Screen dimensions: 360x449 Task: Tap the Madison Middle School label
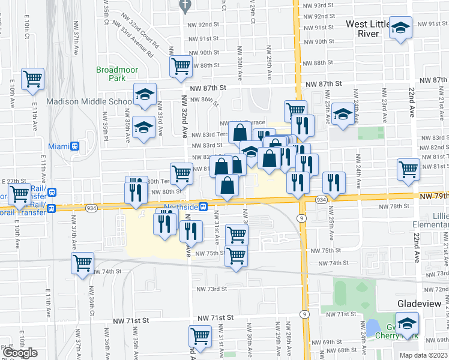tap(89, 101)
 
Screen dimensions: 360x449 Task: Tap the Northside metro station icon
tap(203, 207)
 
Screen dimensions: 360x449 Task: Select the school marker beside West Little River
tap(400, 28)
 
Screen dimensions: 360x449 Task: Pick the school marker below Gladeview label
tap(408, 323)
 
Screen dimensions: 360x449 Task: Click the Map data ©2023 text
tap(423, 355)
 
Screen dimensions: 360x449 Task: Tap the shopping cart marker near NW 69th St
tap(200, 336)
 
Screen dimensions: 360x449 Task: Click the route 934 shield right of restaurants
tap(321, 199)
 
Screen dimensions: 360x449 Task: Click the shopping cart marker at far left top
tap(32, 79)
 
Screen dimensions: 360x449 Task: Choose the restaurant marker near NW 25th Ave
tap(334, 183)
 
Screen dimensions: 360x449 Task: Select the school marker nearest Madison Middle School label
tap(144, 94)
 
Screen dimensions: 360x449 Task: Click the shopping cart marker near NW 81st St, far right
tap(408, 170)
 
